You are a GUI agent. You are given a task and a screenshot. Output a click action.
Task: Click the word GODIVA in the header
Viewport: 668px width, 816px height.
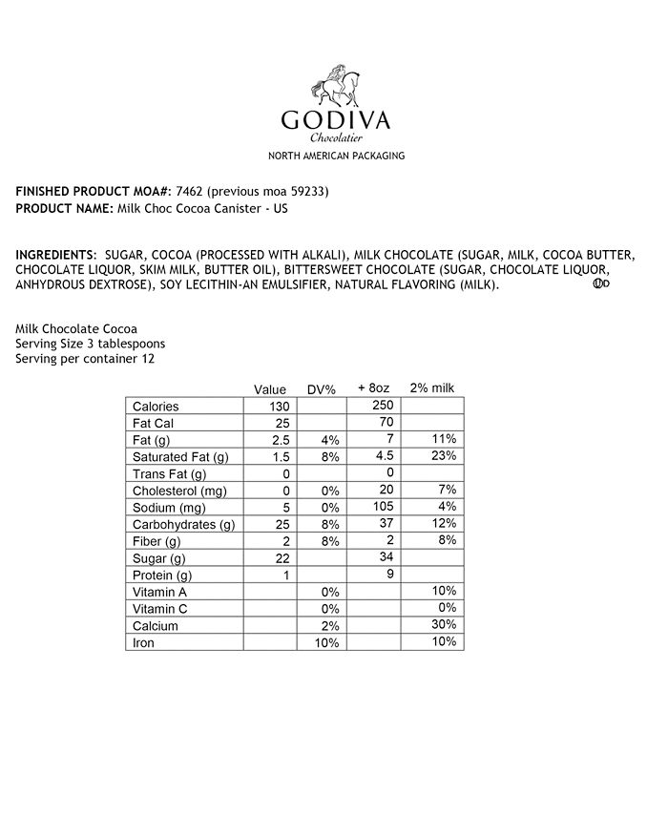point(336,121)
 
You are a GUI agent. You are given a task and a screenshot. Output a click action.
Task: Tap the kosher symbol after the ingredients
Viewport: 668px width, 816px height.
point(601,283)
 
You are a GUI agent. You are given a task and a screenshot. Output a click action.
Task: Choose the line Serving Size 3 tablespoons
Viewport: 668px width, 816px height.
point(91,344)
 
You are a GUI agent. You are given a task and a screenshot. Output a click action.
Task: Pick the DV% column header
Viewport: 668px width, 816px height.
point(321,389)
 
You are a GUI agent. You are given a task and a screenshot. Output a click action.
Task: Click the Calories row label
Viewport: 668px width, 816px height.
point(156,407)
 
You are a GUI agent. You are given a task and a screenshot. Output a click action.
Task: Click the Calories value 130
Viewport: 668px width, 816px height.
point(279,407)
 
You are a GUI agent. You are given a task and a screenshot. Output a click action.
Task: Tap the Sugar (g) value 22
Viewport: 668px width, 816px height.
point(281,557)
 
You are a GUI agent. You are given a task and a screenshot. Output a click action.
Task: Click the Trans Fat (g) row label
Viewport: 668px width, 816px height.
point(169,474)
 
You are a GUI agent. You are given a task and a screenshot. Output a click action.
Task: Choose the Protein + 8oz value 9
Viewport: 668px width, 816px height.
point(388,575)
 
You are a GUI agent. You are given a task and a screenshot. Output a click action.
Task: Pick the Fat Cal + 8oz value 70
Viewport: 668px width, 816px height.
point(385,423)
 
